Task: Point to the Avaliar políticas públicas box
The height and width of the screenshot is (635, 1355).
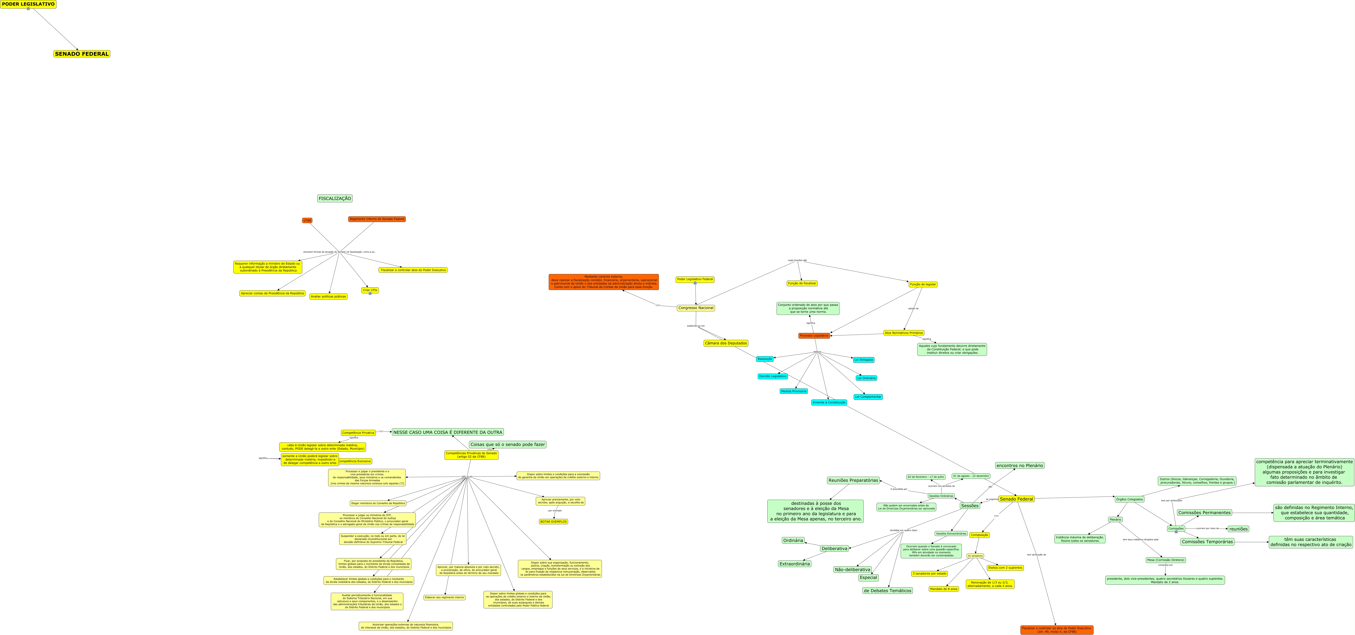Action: pyautogui.click(x=328, y=297)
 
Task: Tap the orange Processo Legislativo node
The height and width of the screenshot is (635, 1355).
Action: pyautogui.click(x=814, y=335)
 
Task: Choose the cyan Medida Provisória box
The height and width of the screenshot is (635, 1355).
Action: pyautogui.click(x=793, y=391)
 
